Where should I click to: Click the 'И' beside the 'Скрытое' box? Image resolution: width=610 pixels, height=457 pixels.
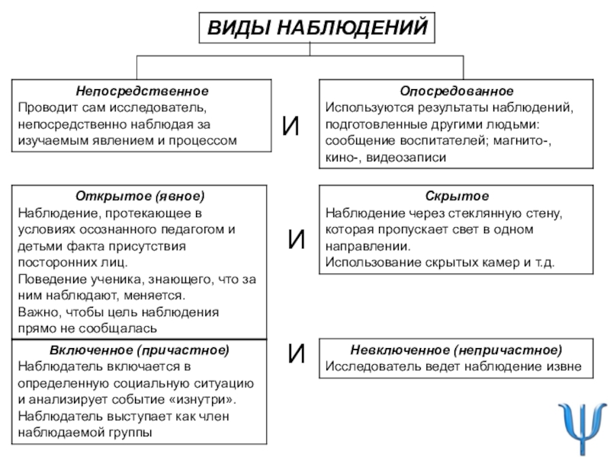[x=297, y=242]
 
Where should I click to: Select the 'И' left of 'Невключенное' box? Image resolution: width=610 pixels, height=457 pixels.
[x=297, y=353]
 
